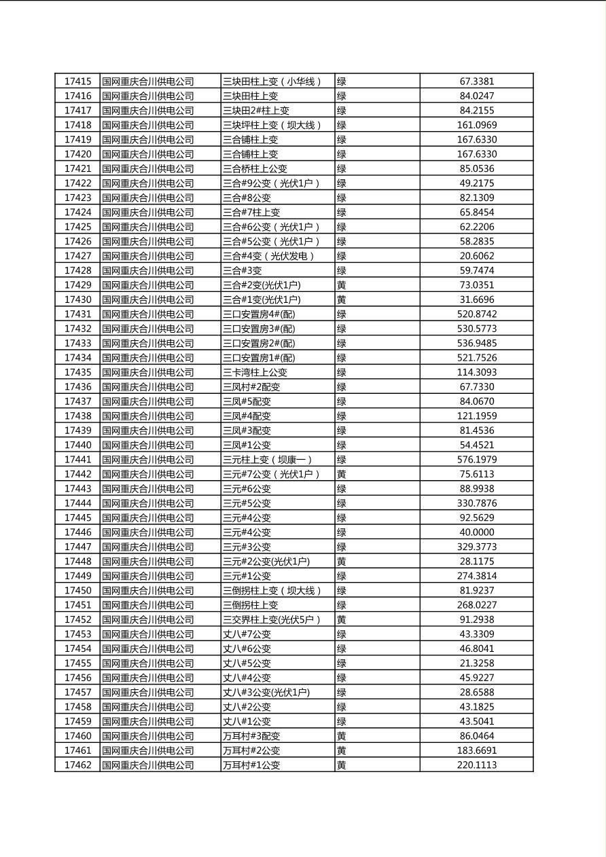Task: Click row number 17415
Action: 77,81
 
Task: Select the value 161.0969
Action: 477,125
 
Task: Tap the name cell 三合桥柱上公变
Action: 255,168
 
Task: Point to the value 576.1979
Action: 477,460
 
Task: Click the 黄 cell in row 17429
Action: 342,285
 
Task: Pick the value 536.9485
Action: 477,344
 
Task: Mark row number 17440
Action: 77,445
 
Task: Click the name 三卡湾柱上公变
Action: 255,372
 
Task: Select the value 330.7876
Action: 477,503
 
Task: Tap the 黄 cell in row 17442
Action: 342,474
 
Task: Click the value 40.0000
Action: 477,532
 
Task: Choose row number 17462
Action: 77,765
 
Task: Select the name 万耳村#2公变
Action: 251,750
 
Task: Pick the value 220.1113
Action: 477,765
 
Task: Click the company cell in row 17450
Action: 148,591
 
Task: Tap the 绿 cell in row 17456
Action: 342,678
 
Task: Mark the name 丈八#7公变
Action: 247,634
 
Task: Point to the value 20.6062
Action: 477,256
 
